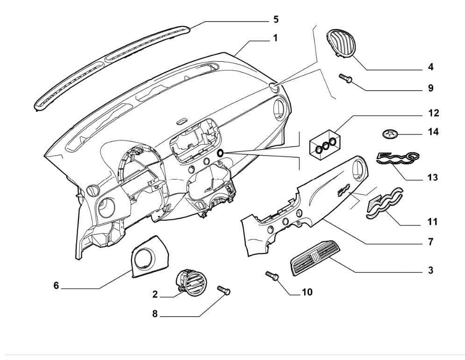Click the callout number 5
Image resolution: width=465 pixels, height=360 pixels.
pos(276,20)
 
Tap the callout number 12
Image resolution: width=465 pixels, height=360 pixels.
pos(433,113)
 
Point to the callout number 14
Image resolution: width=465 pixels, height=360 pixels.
pos(433,132)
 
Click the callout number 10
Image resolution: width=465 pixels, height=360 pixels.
pos(307,292)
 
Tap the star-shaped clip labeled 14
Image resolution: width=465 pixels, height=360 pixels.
pos(389,134)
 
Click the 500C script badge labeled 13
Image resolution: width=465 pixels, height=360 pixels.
pos(397,159)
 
